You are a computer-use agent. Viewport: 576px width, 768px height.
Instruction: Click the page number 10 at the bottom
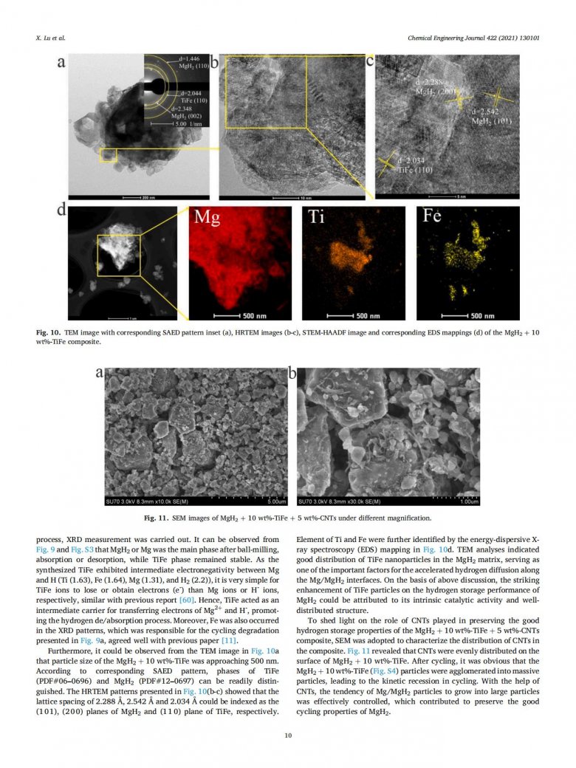click(288, 735)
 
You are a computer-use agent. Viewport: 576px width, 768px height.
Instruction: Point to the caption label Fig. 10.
click(49, 334)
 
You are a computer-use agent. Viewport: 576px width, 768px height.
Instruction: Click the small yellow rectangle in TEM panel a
click(109, 155)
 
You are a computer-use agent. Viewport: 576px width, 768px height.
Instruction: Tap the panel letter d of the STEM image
click(61, 212)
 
